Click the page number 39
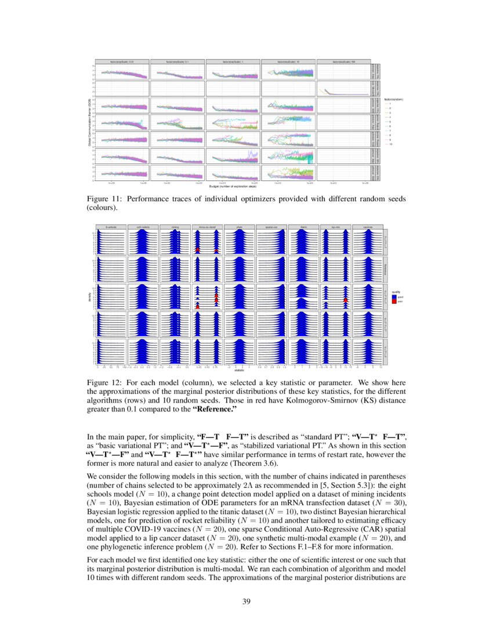(x=246, y=601)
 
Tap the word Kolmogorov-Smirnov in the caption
(x=282, y=400)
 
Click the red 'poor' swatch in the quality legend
(x=393, y=302)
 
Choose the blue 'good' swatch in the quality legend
(x=393, y=296)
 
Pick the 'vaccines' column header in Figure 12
(x=368, y=227)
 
